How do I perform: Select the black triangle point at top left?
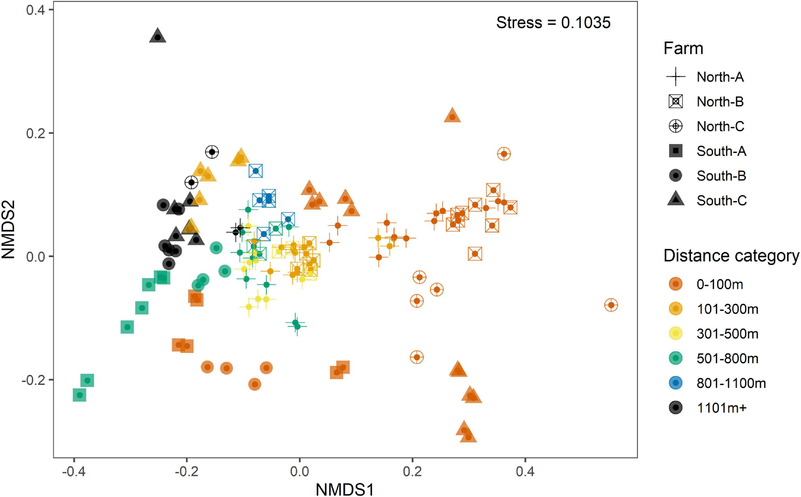[158, 37]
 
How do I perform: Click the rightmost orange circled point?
[611, 305]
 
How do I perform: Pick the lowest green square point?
[79, 395]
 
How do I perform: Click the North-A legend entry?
[720, 77]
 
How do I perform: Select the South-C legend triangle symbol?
[676, 200]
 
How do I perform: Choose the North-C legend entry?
[720, 126]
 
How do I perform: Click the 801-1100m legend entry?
[731, 383]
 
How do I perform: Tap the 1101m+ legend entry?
[722, 408]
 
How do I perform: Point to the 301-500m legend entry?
[727, 334]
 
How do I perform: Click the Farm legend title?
[683, 48]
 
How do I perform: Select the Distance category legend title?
[731, 256]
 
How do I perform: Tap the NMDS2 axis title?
[9, 229]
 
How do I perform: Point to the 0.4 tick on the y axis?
[35, 10]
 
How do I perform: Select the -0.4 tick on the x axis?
[74, 472]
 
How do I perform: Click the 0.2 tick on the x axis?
[412, 472]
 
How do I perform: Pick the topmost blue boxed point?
[256, 170]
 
